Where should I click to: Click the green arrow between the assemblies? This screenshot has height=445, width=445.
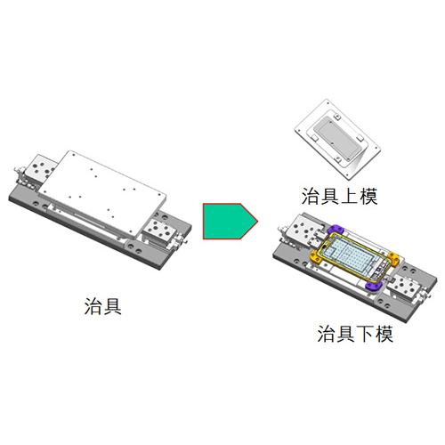point(229,222)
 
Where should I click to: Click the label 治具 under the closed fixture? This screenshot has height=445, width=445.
point(103,306)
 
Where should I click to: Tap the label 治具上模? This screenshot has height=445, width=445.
point(340,196)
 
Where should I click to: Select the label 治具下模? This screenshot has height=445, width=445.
point(355,334)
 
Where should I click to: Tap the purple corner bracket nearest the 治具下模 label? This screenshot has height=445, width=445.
point(374,286)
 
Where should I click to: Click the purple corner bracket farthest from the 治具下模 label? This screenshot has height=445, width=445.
point(336,230)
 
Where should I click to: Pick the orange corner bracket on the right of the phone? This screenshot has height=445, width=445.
point(393,259)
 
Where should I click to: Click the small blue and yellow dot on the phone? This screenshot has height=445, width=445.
point(379,270)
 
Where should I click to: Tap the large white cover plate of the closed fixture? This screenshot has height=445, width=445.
point(102,193)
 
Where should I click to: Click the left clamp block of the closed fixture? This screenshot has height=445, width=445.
point(39,168)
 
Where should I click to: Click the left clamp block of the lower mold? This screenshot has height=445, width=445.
point(304,230)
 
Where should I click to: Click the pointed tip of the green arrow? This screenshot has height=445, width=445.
point(258,221)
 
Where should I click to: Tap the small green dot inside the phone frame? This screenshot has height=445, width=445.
point(326,247)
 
